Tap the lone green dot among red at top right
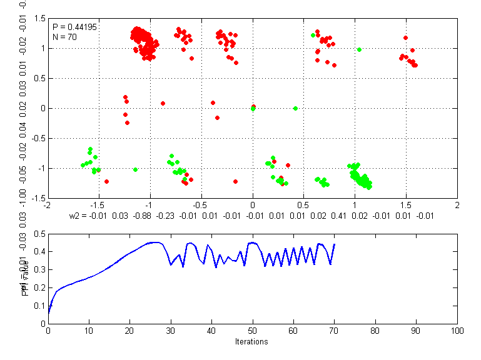[359, 49]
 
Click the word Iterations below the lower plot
[252, 342]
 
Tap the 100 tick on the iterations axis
[457, 331]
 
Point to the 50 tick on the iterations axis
[253, 331]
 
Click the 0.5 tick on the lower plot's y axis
[39, 234]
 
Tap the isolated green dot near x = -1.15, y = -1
[135, 169]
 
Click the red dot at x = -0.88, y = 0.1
[163, 103]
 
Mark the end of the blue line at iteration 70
[335, 244]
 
